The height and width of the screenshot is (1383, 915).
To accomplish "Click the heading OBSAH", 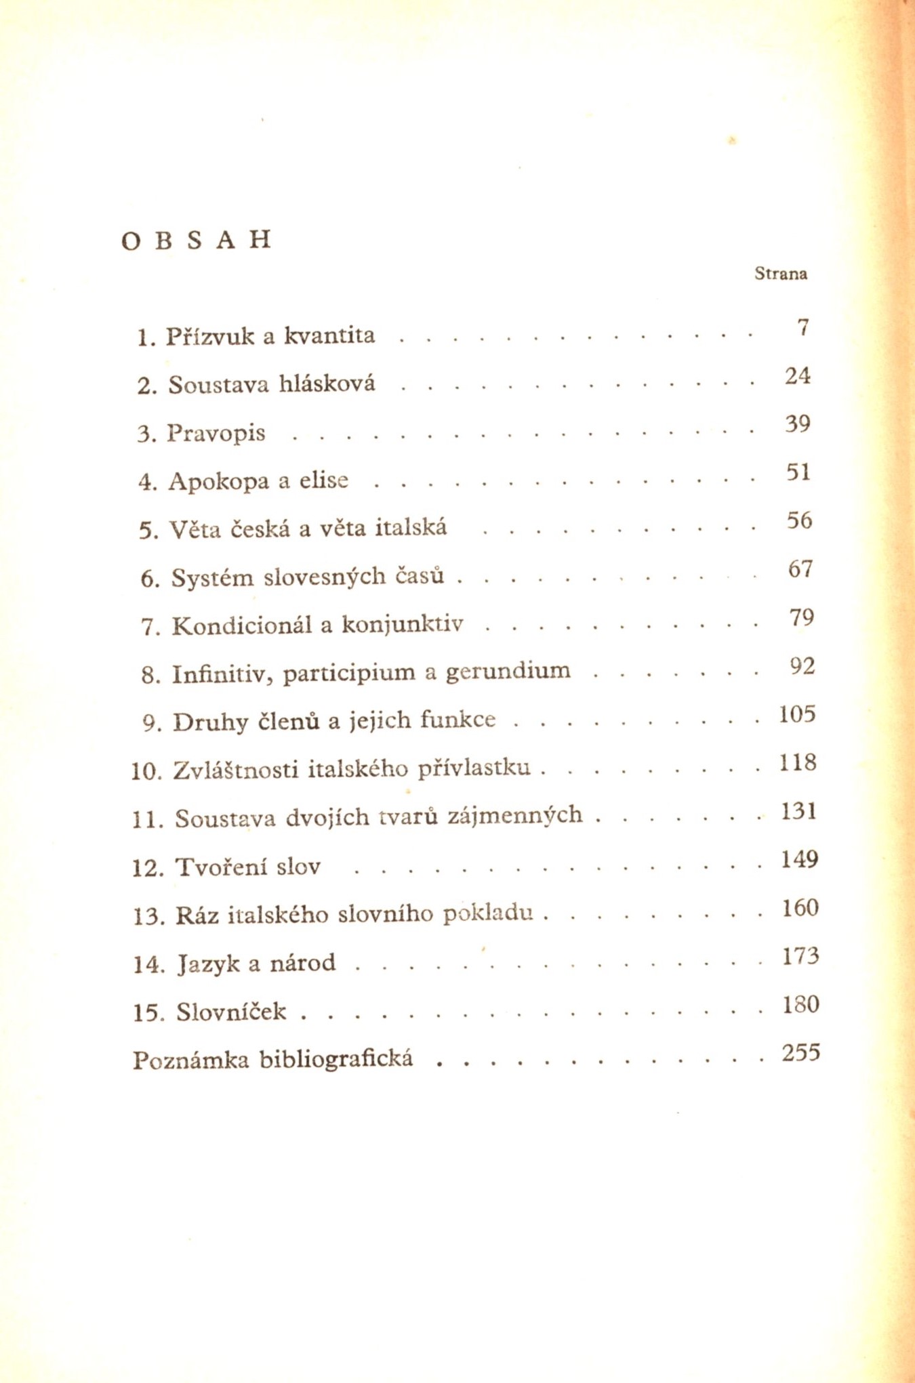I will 197,240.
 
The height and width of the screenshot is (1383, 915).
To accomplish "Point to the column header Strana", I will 781,274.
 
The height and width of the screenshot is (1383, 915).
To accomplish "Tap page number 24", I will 798,375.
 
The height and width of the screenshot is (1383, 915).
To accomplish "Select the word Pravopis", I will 216,433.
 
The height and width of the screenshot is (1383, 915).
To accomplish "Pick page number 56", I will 799,520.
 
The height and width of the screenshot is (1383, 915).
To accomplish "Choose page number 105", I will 797,714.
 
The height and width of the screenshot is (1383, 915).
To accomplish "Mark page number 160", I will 800,908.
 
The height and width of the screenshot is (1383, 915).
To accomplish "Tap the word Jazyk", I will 208,964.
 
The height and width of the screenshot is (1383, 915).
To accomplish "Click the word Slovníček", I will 231,1012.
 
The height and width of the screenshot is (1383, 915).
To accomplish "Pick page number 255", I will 800,1053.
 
